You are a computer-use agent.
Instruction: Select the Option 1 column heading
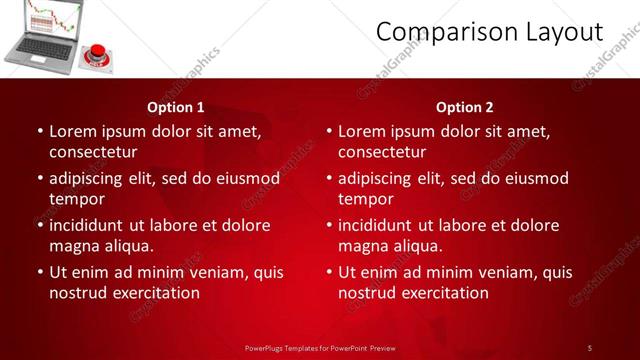tap(176, 107)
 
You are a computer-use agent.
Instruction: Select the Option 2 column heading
tap(465, 107)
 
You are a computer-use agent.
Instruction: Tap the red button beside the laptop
tap(99, 51)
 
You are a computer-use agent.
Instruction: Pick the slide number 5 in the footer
tap(590, 347)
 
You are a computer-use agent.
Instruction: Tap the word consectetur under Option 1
tap(93, 152)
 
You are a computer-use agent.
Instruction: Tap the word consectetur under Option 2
tap(382, 152)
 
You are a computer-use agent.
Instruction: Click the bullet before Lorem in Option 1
tap(39, 131)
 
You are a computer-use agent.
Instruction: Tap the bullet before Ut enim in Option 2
tap(328, 272)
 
